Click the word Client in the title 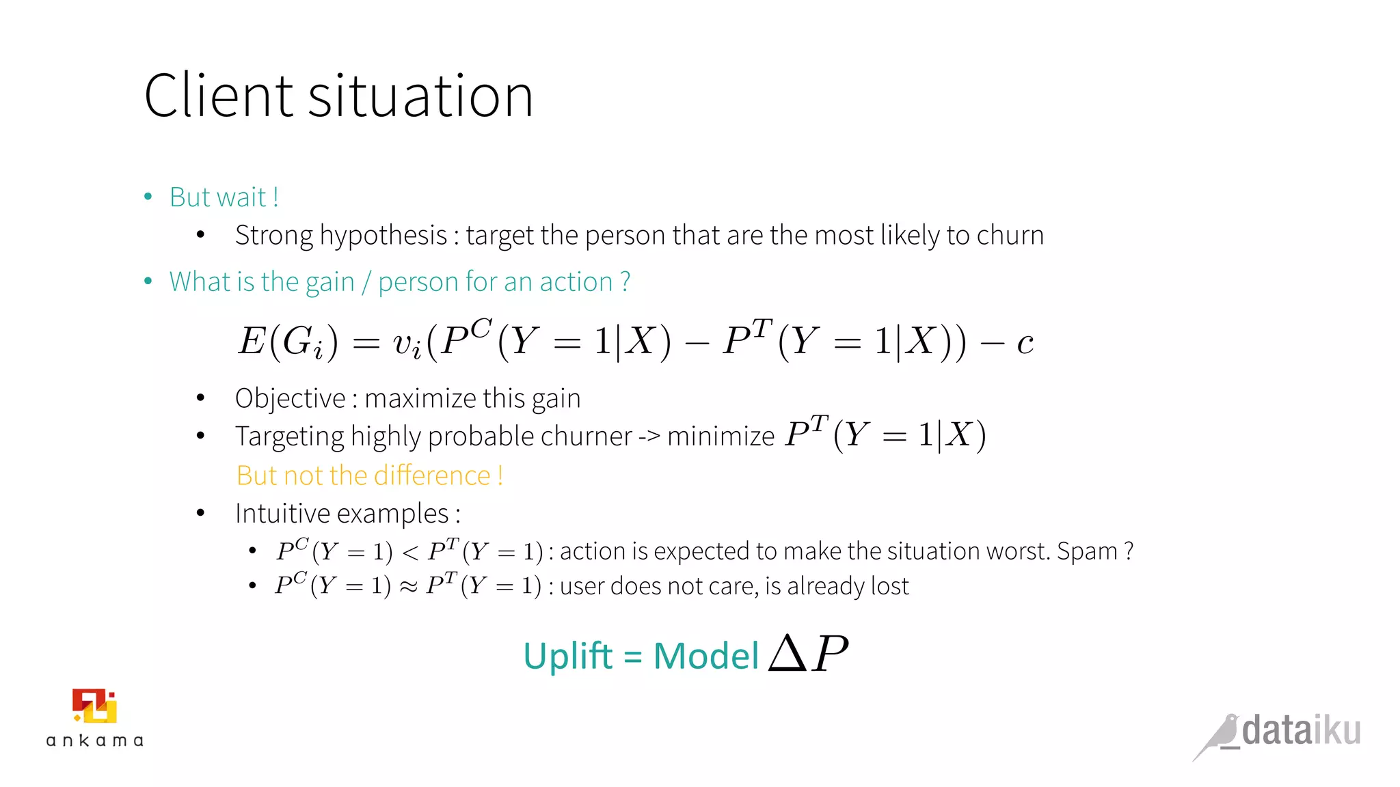pyautogui.click(x=218, y=96)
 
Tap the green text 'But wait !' pyautogui.click(x=224, y=197)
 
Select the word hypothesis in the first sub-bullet pyautogui.click(x=383, y=236)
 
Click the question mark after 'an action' pyautogui.click(x=625, y=282)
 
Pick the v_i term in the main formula pyautogui.click(x=407, y=343)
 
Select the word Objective pyautogui.click(x=291, y=399)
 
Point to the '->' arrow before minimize pyautogui.click(x=649, y=436)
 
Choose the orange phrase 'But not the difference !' pyautogui.click(x=370, y=475)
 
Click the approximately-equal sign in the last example pyautogui.click(x=408, y=587)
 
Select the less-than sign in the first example pyautogui.click(x=410, y=552)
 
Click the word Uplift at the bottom pyautogui.click(x=568, y=657)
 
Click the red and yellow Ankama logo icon pyautogui.click(x=95, y=706)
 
